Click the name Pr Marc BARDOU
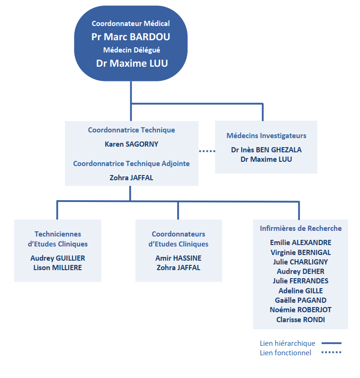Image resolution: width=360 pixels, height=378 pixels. pos(131,37)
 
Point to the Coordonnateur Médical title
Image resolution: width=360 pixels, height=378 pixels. pos(131,23)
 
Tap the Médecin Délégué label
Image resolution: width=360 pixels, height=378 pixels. pos(131,50)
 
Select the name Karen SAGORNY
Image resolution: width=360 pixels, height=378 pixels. pos(131,144)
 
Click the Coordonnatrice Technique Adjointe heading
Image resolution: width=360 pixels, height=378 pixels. pos(131,164)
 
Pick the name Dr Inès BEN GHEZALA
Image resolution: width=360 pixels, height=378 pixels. pos(266,150)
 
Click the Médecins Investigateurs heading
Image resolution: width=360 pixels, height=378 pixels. pos(266,136)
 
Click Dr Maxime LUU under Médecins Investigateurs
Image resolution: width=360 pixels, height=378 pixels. pos(266,159)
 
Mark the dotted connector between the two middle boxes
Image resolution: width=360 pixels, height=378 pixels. pos(207,151)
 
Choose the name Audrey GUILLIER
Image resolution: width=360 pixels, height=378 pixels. pos(58,258)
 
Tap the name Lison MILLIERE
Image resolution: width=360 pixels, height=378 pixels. pos(58,268)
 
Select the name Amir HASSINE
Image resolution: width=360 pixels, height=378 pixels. pos(179,258)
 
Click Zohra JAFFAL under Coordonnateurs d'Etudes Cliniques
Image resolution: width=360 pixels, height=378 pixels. pos(179,268)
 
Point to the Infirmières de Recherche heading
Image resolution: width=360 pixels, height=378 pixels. pos(301,229)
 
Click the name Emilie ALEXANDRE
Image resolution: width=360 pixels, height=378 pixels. pos(301,243)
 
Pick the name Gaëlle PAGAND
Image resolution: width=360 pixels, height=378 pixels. pos(301,300)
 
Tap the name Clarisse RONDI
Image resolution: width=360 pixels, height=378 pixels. pos(301,319)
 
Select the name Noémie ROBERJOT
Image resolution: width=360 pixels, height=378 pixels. pos(301,310)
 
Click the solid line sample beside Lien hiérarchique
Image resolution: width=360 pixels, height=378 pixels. pos(332,343)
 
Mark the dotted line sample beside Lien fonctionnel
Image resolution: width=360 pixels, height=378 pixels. pos(332,352)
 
